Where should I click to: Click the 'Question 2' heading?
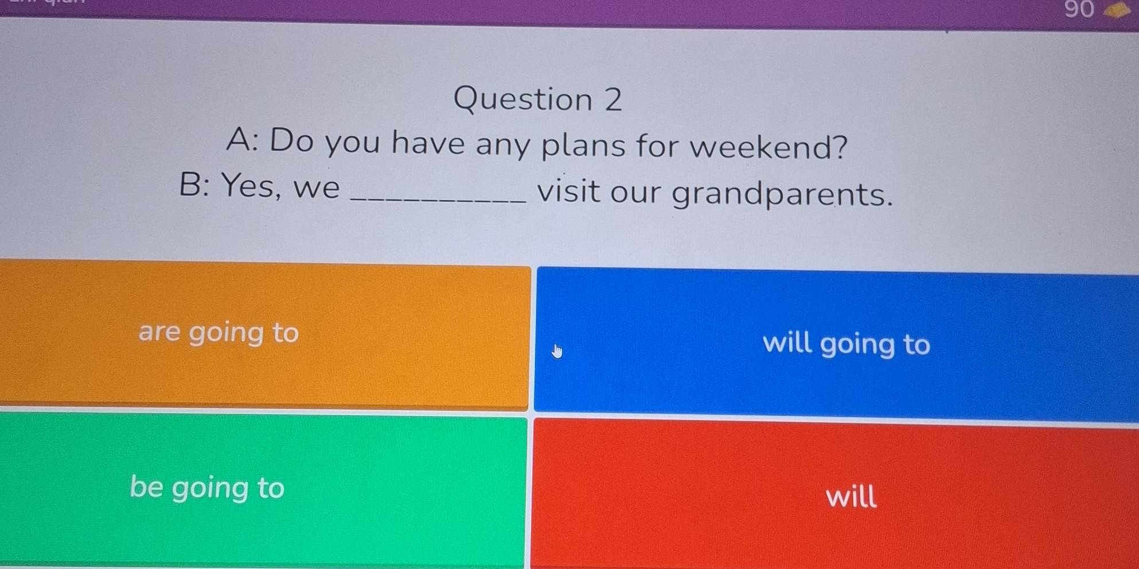tap(537, 100)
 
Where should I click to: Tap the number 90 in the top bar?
tap(1079, 10)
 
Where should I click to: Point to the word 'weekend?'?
tap(768, 147)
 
